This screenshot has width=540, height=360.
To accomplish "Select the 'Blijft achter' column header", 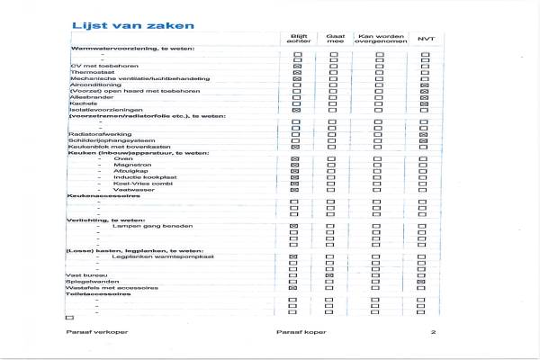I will click(297, 38).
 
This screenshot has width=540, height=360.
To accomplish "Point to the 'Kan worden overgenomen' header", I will click(379, 38).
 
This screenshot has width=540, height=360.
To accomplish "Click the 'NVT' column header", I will click(424, 39).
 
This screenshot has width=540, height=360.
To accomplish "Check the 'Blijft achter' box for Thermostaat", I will click(296, 72).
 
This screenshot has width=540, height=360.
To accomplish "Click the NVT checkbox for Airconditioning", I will click(424, 85).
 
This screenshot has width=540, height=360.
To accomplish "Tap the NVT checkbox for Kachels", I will click(424, 104).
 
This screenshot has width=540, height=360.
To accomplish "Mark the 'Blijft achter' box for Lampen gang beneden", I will click(296, 227).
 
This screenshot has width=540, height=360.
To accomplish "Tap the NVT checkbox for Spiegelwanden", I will click(424, 282).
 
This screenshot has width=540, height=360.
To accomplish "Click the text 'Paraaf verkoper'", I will click(89, 333).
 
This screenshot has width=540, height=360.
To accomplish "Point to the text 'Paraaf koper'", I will click(301, 333).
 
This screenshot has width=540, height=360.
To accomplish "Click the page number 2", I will click(433, 333).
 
